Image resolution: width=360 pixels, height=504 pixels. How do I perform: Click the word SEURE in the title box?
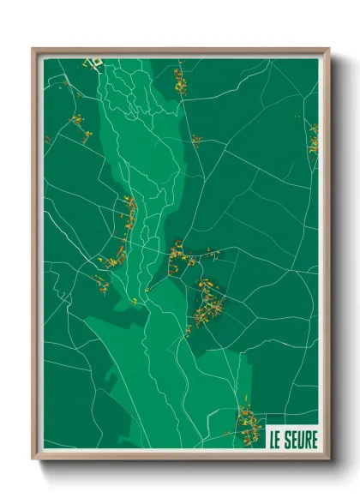[299, 441]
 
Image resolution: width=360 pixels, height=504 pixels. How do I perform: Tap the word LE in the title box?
[276, 441]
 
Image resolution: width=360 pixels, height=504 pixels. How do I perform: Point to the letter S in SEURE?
[286, 441]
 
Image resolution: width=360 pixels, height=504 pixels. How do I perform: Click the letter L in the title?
[273, 441]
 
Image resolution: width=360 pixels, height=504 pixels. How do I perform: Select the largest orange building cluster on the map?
[207, 304]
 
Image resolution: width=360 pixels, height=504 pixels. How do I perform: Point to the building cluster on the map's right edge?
[314, 139]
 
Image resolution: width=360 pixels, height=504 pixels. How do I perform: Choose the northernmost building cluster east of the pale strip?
[179, 80]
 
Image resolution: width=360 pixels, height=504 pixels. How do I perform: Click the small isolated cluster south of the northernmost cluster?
[196, 140]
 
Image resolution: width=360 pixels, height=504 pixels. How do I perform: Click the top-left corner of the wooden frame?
[33, 50]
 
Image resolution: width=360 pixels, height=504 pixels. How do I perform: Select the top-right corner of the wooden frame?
[328, 50]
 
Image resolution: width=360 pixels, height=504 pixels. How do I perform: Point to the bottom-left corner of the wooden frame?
[33, 459]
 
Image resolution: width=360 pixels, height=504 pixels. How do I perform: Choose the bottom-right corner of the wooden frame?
[328, 459]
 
